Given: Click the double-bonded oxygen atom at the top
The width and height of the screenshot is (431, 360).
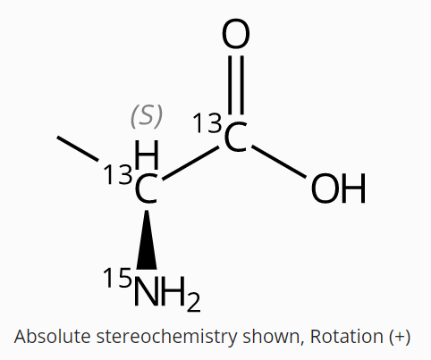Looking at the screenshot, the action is [x=236, y=34].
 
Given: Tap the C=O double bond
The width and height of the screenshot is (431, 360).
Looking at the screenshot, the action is [x=236, y=85].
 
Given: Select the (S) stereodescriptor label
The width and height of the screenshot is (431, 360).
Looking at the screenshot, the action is [x=147, y=116].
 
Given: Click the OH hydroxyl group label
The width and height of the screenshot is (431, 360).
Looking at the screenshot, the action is [x=338, y=188].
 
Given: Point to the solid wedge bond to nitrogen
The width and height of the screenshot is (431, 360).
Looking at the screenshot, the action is [x=147, y=240].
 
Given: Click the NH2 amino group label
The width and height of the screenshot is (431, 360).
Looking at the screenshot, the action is [x=167, y=292].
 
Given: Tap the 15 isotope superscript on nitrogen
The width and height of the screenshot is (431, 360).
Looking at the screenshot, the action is [x=117, y=278].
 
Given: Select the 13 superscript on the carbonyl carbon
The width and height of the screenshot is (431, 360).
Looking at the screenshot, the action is [x=207, y=122].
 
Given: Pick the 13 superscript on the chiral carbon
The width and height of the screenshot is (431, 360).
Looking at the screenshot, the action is [x=118, y=174].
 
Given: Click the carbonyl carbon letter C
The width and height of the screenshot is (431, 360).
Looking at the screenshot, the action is [x=236, y=137].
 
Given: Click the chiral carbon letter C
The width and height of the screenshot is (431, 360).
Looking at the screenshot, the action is [x=146, y=188].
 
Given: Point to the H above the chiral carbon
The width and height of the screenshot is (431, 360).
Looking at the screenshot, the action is [x=147, y=155].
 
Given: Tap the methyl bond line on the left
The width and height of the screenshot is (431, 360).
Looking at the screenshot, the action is [x=78, y=149].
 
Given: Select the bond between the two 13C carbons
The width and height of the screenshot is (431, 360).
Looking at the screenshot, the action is [x=190, y=163].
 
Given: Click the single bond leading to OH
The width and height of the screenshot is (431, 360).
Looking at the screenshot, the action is [x=279, y=162].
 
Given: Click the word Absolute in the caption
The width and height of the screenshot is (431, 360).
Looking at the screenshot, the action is [x=52, y=337].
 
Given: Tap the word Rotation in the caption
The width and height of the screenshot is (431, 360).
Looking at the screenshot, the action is [x=346, y=337].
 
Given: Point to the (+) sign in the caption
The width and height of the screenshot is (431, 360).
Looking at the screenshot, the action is [x=400, y=337].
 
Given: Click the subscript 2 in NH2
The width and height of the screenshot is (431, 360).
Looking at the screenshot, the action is [x=194, y=302].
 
